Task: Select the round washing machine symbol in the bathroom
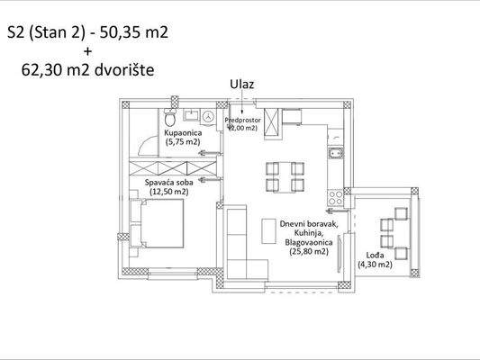209,117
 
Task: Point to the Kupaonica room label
183,133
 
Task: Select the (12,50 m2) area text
168,191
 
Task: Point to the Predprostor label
243,119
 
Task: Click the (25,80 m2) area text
307,252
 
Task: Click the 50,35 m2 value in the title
135,33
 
